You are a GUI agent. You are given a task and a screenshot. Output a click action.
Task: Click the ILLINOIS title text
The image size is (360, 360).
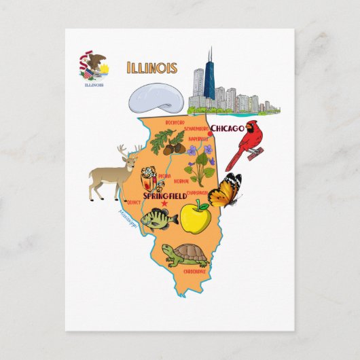pyautogui.click(x=151, y=67)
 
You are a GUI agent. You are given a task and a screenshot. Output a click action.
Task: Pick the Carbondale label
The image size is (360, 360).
pyautogui.click(x=194, y=272)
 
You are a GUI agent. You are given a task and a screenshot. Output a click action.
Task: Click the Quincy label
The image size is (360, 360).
pyautogui.click(x=134, y=202)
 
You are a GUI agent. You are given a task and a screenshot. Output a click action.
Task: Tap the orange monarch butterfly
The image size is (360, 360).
pyautogui.click(x=225, y=190)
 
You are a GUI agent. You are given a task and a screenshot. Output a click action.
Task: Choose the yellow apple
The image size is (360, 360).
pyautogui.click(x=195, y=217)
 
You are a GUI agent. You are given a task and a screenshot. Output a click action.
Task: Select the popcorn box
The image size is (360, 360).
pyautogui.click(x=149, y=181)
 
